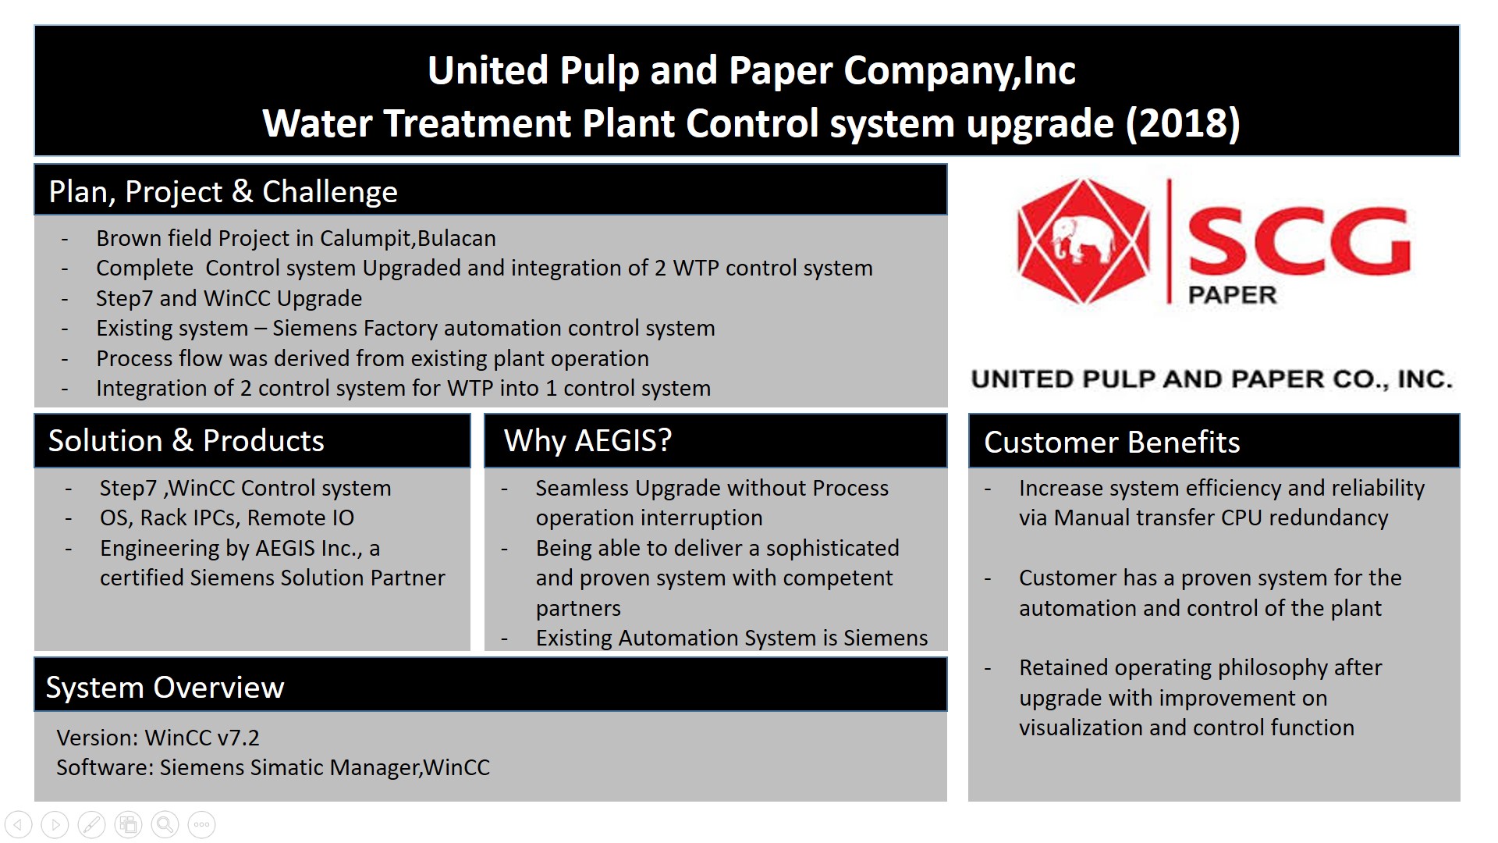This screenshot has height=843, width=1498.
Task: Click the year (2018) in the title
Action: [x=1182, y=123]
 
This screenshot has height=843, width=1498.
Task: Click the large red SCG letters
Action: [x=1299, y=241]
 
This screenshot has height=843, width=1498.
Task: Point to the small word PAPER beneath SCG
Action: [x=1232, y=295]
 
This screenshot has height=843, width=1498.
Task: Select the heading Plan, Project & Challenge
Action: [x=223, y=191]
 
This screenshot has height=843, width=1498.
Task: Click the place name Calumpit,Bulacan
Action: [x=408, y=238]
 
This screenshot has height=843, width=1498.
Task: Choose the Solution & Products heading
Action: [x=186, y=440]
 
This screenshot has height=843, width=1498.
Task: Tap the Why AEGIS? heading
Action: [x=587, y=440]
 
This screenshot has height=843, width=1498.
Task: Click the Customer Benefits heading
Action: [x=1112, y=442]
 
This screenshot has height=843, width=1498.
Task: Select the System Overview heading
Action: [x=165, y=687]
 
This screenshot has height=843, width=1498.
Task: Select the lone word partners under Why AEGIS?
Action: [x=578, y=608]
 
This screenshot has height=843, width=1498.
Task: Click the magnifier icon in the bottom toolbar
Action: [x=165, y=824]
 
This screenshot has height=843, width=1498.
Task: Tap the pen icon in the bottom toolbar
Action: [x=91, y=824]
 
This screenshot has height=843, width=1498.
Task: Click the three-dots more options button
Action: [x=201, y=824]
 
